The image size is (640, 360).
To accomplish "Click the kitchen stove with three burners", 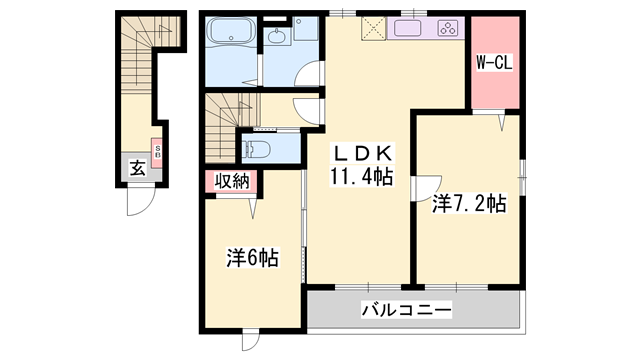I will pos(448,29).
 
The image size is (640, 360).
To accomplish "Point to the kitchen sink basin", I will pos(411,30).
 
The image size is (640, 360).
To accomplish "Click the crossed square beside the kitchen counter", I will pos(374,30).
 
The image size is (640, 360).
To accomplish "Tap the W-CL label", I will pos(494,62).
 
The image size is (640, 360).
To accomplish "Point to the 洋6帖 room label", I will pos(252,258).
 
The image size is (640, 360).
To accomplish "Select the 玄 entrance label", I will pos(137,168).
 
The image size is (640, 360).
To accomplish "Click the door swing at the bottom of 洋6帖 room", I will pos(251,340).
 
